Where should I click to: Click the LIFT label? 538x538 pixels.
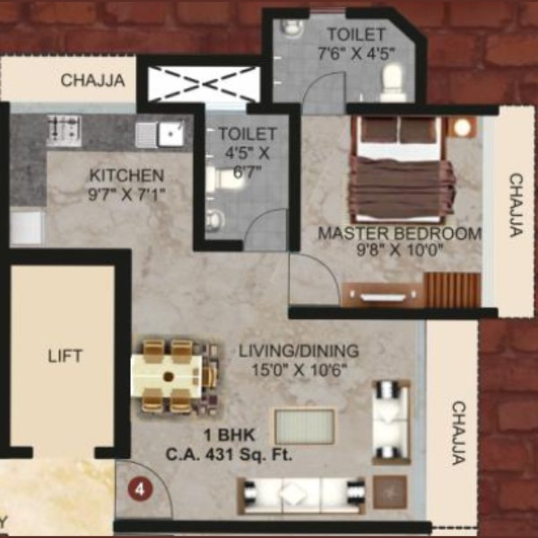[x=65, y=356]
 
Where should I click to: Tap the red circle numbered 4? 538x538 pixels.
[x=140, y=490]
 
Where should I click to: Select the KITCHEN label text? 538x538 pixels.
[x=126, y=176]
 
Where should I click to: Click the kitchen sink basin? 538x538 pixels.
[x=170, y=133]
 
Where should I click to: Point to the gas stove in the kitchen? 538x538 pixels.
[x=65, y=130]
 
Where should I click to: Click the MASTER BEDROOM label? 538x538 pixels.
[x=400, y=233]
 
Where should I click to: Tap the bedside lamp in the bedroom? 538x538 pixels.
[x=463, y=127]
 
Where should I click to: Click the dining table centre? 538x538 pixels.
[x=169, y=377]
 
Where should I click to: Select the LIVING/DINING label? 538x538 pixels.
[x=299, y=351]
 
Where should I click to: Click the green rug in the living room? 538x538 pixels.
[x=304, y=426]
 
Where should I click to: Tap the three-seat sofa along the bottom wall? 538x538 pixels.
[x=301, y=495]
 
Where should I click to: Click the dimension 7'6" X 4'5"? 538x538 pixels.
[x=357, y=54]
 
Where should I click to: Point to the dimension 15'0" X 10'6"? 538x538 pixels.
[x=299, y=369]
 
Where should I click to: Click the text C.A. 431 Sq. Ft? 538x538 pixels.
[x=229, y=455]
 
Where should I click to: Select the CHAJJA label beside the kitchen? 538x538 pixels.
[x=93, y=81]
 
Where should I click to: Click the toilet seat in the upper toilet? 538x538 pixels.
[x=394, y=82]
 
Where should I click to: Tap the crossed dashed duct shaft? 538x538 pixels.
[x=204, y=83]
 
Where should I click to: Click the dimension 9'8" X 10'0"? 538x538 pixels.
[x=400, y=250]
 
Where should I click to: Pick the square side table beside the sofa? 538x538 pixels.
[x=390, y=491]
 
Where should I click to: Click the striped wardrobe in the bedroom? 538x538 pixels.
[x=453, y=291]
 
